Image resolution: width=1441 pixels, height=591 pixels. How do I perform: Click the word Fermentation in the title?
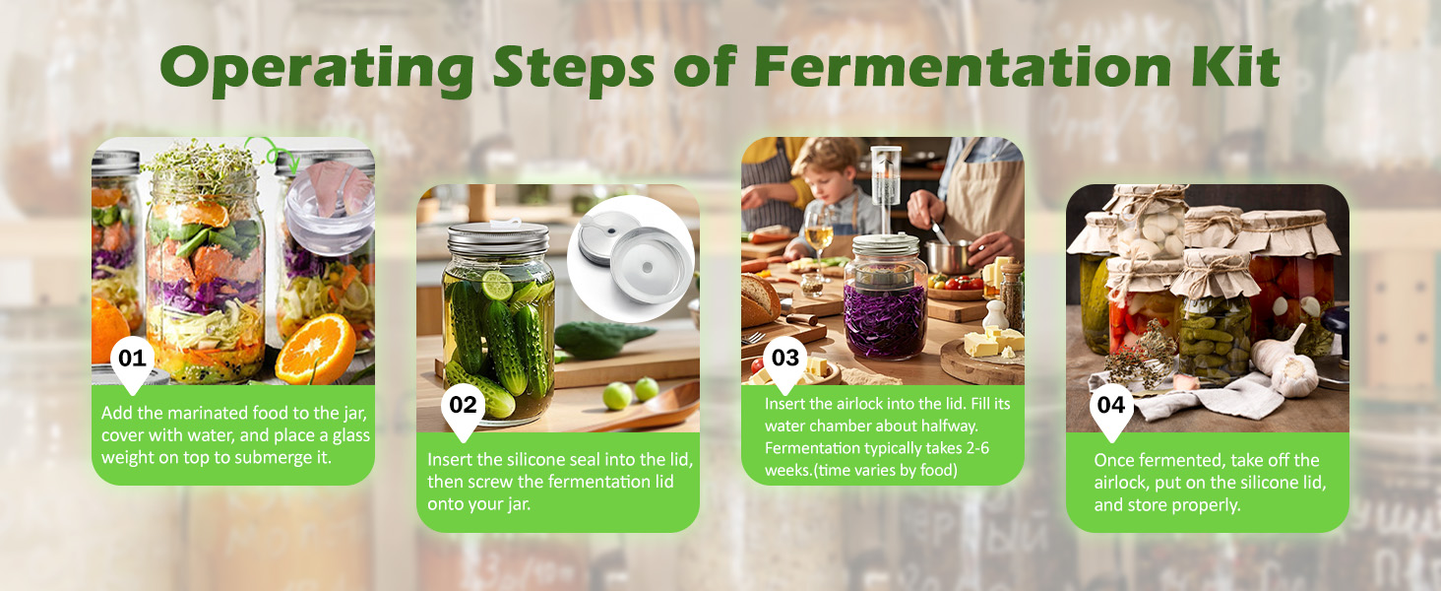click(x=963, y=66)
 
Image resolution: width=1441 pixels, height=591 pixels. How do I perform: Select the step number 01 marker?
click(x=133, y=362)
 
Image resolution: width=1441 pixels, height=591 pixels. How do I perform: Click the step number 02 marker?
click(x=463, y=410)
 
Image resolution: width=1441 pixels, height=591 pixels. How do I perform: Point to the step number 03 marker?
click(x=785, y=362)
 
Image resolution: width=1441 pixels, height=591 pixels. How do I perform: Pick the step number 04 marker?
click(x=1111, y=410)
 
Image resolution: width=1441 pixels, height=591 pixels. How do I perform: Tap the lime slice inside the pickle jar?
click(x=497, y=285)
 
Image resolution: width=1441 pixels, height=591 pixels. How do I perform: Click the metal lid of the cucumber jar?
click(x=498, y=237)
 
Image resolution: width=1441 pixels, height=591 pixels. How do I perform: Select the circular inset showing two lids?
click(x=630, y=257)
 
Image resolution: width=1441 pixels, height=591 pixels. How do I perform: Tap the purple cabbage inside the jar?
click(x=885, y=320)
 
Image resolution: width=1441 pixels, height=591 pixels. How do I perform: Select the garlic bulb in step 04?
click(x=1284, y=367)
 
